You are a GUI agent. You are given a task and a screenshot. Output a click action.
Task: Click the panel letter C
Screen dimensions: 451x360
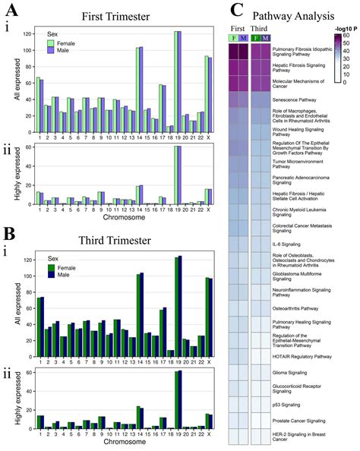click(237, 11)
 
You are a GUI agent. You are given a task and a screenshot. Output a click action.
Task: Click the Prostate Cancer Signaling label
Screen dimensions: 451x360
click(298, 420)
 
